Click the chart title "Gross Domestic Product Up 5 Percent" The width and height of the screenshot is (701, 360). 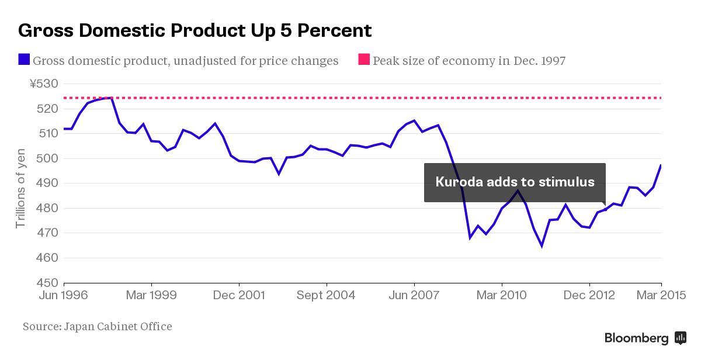(195, 30)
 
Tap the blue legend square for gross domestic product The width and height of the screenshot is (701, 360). (24, 60)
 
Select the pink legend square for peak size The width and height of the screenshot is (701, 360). (364, 60)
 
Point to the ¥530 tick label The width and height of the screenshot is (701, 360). (44, 84)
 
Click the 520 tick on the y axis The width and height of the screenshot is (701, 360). (48, 109)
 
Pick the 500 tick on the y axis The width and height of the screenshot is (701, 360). (48, 158)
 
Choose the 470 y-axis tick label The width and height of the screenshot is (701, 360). (48, 233)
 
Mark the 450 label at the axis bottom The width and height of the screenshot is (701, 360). (48, 283)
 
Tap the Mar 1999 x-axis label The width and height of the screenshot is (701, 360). (151, 296)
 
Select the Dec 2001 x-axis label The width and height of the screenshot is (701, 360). (239, 296)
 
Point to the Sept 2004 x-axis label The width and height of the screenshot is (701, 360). (326, 296)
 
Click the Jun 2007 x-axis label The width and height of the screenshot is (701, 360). (414, 296)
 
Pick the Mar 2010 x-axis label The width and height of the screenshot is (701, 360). (501, 296)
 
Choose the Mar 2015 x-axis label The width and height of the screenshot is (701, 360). (661, 296)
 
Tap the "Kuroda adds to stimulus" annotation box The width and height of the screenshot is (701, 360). (515, 182)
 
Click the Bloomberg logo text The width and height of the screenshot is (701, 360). (636, 338)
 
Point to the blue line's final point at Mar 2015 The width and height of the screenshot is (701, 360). (661, 165)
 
